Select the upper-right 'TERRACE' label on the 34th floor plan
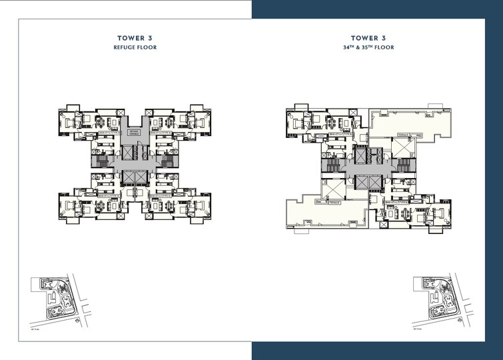(404, 135)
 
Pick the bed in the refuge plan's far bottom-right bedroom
(199, 205)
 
